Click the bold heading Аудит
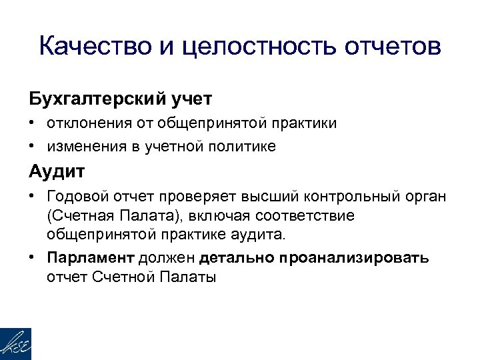click(57, 171)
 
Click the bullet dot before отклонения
click(32, 124)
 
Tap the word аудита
click(260, 235)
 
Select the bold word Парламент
click(91, 258)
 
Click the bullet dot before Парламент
click(32, 258)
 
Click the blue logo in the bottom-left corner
click(15, 343)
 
